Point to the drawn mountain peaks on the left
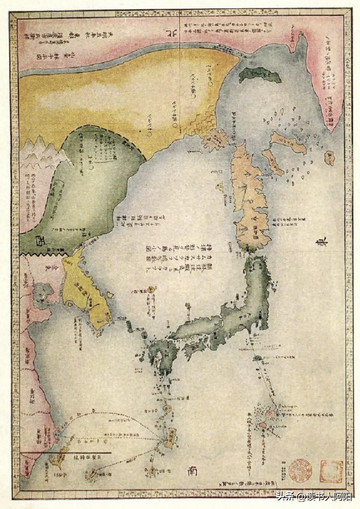[38, 150]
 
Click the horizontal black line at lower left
[67, 453]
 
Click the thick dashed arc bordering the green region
[114, 137]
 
